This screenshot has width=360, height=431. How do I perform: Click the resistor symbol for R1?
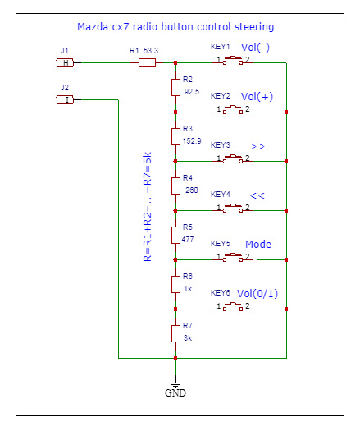(x=147, y=62)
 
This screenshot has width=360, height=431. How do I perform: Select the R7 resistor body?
(x=175, y=333)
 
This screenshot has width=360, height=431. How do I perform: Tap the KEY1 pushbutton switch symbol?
(x=233, y=61)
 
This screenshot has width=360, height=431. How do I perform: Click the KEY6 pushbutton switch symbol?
(x=233, y=307)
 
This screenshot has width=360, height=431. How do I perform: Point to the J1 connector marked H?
(x=65, y=62)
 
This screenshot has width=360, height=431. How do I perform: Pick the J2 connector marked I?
(x=65, y=99)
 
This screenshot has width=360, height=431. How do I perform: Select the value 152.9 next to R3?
(x=192, y=141)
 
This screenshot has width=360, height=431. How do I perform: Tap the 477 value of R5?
(x=188, y=240)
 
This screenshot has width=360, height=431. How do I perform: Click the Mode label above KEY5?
(x=258, y=244)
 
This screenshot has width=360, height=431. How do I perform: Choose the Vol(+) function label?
(x=257, y=97)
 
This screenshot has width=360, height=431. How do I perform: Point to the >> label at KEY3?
(x=257, y=146)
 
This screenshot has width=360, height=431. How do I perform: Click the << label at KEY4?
(x=257, y=195)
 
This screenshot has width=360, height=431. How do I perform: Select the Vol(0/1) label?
(x=257, y=294)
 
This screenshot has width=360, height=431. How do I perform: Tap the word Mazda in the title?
(x=93, y=27)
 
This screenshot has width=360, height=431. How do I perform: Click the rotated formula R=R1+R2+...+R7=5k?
(x=148, y=206)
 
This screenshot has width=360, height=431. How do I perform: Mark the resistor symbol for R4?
(x=175, y=186)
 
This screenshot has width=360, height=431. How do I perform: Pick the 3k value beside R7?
(x=188, y=337)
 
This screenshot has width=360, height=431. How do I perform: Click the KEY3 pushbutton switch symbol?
(x=233, y=159)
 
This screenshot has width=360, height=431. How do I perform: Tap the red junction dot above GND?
(x=175, y=358)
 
